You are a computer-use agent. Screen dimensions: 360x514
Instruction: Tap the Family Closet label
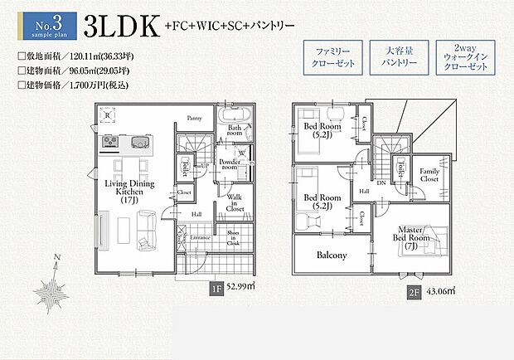429,174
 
